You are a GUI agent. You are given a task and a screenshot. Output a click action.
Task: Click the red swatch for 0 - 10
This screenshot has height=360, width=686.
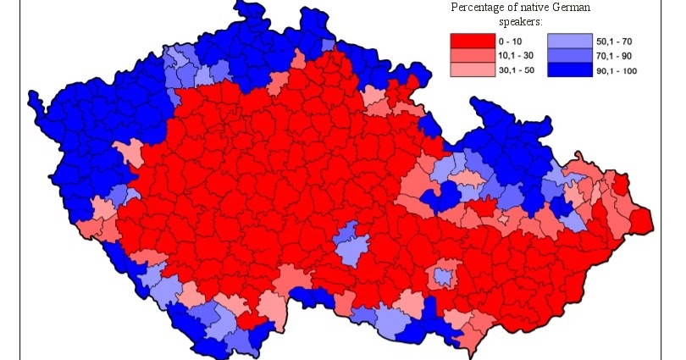472,40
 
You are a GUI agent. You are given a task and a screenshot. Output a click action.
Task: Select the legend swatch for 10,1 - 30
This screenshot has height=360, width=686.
472,55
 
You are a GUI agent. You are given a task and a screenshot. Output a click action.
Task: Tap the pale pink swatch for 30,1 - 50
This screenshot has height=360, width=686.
472,70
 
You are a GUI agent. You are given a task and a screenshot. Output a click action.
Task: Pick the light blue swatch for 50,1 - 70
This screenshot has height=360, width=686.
567,40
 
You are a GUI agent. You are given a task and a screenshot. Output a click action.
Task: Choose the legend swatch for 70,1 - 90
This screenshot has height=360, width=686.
567,55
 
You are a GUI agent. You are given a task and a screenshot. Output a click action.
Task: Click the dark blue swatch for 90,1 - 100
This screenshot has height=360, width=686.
567,70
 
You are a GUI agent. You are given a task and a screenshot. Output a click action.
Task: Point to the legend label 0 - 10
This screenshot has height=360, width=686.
512,40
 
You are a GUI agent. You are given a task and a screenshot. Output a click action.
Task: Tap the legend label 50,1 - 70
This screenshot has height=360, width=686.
613,40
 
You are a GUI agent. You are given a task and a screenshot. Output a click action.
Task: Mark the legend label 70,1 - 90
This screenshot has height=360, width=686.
613,55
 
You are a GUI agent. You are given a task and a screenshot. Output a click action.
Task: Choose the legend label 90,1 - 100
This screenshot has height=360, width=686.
616,70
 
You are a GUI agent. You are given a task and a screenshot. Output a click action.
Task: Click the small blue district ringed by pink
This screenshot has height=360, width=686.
441,276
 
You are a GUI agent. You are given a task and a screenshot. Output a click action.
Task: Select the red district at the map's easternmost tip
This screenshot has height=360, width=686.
641,220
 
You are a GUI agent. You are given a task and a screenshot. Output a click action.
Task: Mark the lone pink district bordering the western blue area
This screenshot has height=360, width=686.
129,153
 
